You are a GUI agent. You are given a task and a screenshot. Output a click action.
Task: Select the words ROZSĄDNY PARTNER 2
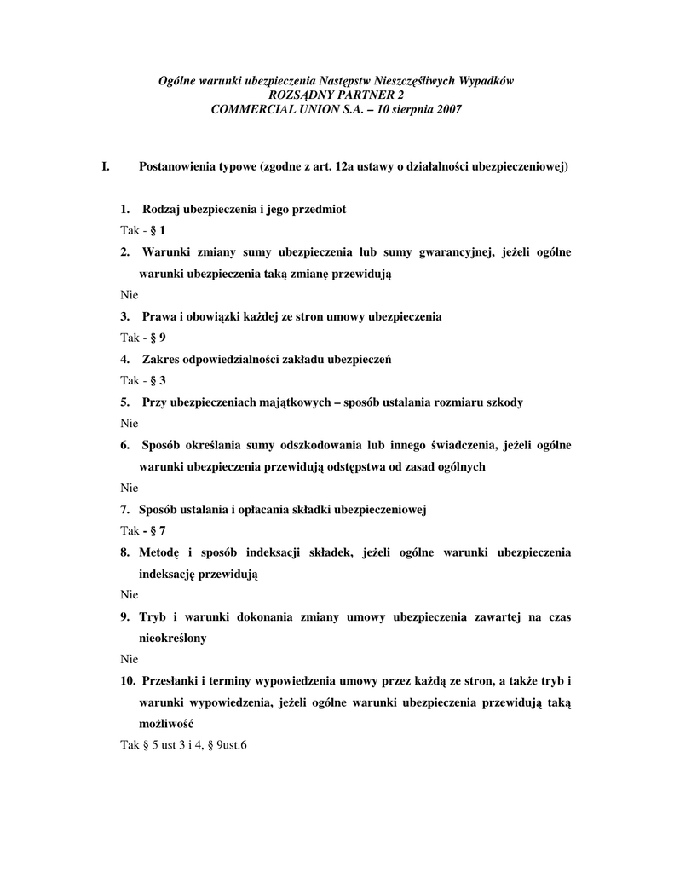click(x=337, y=95)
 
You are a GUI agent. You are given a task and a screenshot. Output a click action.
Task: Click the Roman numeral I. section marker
click(x=106, y=166)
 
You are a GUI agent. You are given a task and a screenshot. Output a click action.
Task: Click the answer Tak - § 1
click(x=142, y=230)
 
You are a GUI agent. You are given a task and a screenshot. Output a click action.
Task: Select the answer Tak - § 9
click(x=142, y=337)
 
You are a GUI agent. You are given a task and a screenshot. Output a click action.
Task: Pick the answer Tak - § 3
click(x=142, y=380)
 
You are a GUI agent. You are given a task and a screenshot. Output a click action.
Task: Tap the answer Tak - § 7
click(x=142, y=530)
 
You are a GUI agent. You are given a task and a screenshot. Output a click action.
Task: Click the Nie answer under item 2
click(x=129, y=294)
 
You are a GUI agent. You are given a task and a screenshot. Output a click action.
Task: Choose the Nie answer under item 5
click(x=129, y=423)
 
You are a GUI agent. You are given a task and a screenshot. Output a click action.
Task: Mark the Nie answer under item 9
click(x=129, y=659)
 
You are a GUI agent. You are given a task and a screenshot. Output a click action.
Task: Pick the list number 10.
click(x=128, y=680)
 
